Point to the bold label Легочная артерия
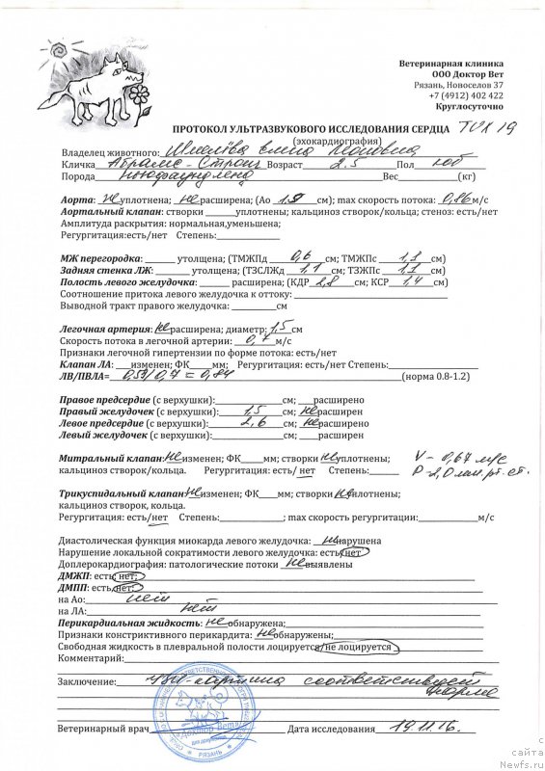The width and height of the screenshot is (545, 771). pyautogui.click(x=106, y=329)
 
